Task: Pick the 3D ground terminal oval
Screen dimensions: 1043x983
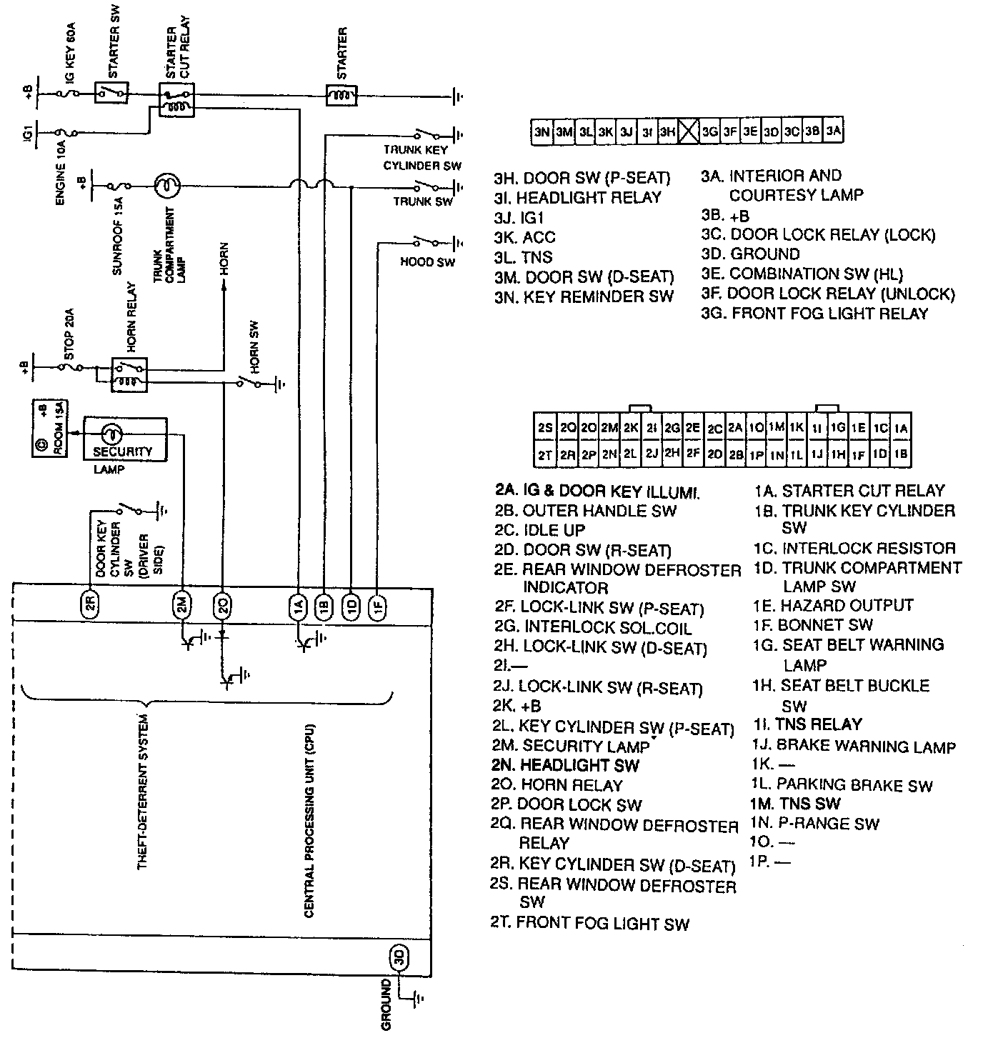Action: click(x=398, y=958)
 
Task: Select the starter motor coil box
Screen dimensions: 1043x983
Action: click(x=341, y=95)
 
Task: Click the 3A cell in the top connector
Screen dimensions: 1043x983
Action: click(x=833, y=131)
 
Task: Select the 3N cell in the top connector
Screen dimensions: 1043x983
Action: click(x=542, y=131)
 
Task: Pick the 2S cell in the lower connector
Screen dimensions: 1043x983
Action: click(x=545, y=428)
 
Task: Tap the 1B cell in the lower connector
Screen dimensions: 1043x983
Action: click(x=901, y=454)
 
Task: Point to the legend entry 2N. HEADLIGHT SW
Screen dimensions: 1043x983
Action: click(x=566, y=765)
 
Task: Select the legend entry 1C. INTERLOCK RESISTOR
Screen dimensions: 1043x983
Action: click(x=854, y=548)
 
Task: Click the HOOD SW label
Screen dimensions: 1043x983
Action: click(x=427, y=262)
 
